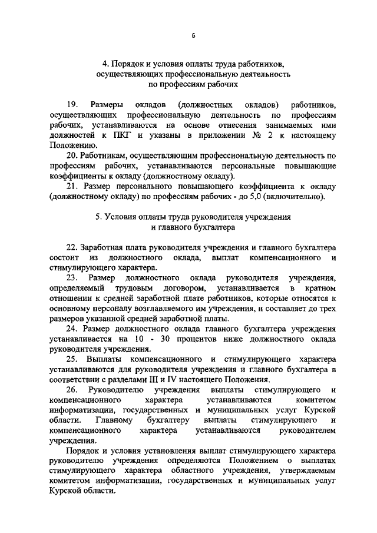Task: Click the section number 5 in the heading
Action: click(98, 217)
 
